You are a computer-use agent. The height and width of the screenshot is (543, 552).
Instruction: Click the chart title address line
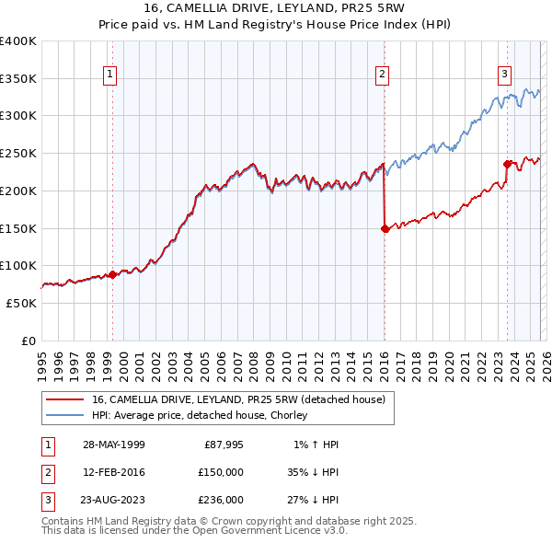pyautogui.click(x=275, y=8)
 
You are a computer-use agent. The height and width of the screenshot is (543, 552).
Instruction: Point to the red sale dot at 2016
pyautogui.click(x=385, y=229)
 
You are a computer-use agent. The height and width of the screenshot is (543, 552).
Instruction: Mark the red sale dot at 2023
pyautogui.click(x=507, y=165)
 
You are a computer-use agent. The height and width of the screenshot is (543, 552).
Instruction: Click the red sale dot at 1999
pyautogui.click(x=113, y=274)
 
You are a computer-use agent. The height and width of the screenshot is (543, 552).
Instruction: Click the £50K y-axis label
pyautogui.click(x=22, y=303)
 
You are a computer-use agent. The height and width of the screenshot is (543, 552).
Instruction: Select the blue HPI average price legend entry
pyautogui.click(x=199, y=415)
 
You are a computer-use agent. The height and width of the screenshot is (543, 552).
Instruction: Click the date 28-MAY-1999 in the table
pyautogui.click(x=113, y=445)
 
